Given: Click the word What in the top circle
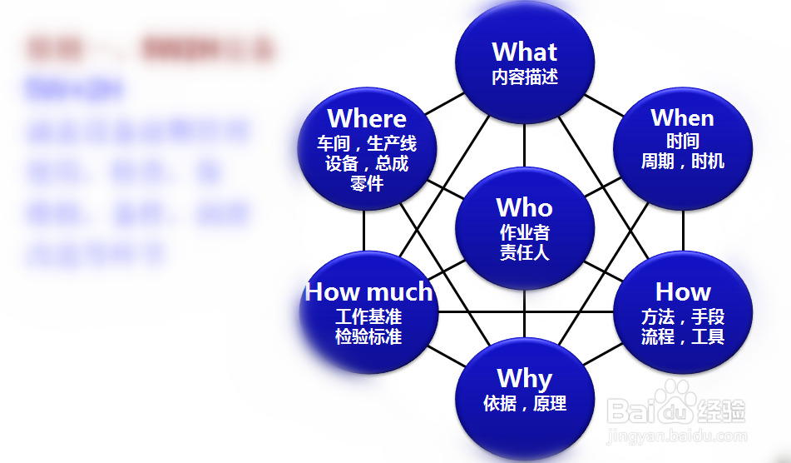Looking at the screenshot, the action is tap(524, 52).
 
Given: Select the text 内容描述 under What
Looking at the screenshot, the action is tap(524, 77).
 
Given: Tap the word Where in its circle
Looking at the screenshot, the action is tap(367, 118).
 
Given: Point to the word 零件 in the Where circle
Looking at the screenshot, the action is tap(367, 183).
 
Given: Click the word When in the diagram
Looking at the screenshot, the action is tap(682, 117).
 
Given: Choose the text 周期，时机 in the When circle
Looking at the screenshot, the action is tap(682, 161).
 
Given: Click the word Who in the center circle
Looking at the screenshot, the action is tap(524, 207).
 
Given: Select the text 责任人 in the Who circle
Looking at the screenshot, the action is tap(524, 252).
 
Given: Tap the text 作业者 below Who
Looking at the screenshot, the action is tap(524, 232).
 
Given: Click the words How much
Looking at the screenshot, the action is tap(368, 291).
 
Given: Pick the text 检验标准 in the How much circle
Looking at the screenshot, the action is tap(368, 337).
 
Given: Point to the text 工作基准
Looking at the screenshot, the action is tap(368, 317).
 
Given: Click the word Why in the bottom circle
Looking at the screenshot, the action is tap(524, 379).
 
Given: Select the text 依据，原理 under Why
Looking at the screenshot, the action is tap(524, 404).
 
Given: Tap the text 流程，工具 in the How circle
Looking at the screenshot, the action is tap(682, 337).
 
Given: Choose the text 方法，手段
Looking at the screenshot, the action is tap(682, 316).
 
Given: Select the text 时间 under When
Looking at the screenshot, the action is tap(682, 141).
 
